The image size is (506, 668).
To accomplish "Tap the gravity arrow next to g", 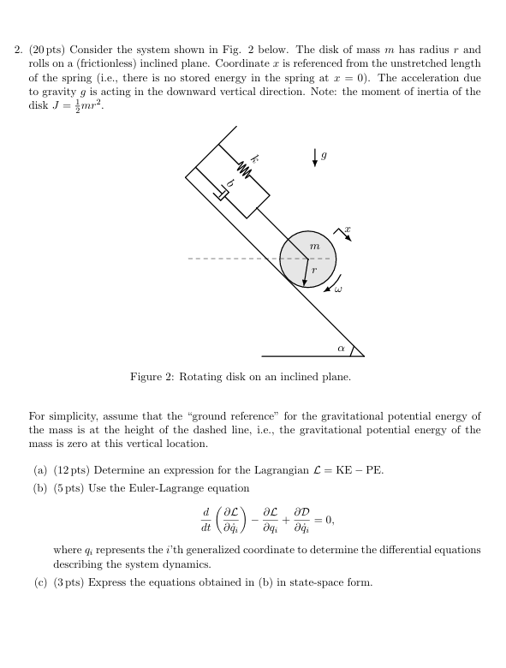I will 314,159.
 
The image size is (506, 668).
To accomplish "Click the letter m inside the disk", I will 314,246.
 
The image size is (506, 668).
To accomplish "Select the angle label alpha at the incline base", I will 340,349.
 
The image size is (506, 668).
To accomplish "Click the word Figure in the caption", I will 148,377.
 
